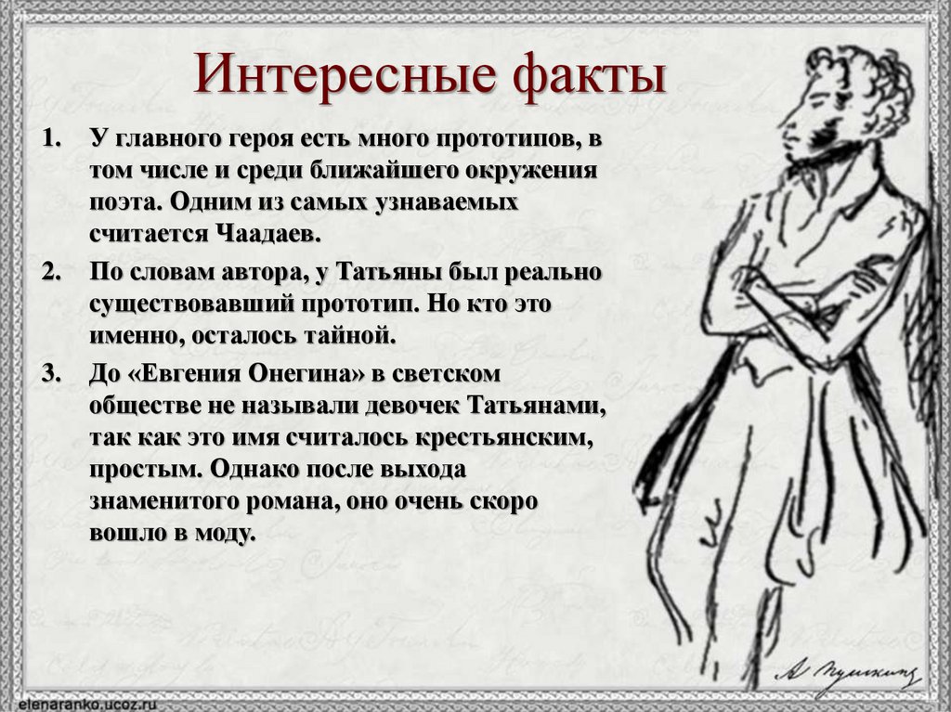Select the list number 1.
coord(50,142)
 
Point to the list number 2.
coord(50,274)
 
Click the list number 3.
coord(50,374)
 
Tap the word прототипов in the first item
coord(505,142)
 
